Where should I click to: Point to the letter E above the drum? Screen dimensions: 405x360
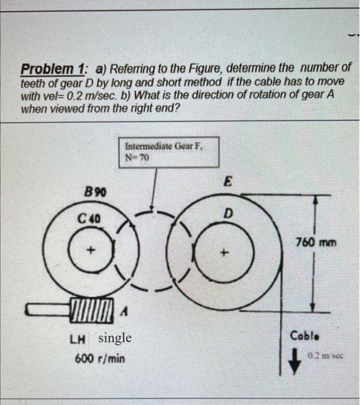228,182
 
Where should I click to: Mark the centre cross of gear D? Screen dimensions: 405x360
226,253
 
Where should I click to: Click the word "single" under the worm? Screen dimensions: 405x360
116,338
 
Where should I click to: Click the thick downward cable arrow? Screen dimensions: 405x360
295,360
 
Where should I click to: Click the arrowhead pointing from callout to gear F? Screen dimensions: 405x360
152,208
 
